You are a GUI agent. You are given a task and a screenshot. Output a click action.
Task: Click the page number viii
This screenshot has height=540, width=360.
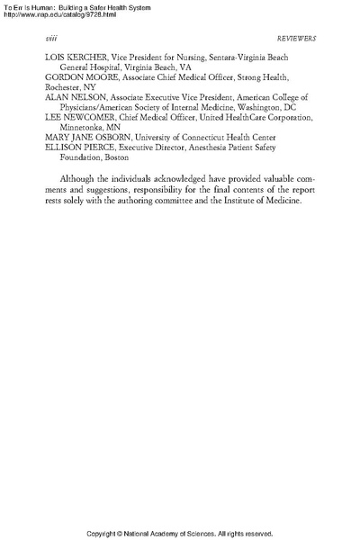pyautogui.click(x=49, y=39)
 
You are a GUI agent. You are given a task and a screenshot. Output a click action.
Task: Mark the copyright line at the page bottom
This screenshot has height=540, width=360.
pyautogui.click(x=180, y=533)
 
